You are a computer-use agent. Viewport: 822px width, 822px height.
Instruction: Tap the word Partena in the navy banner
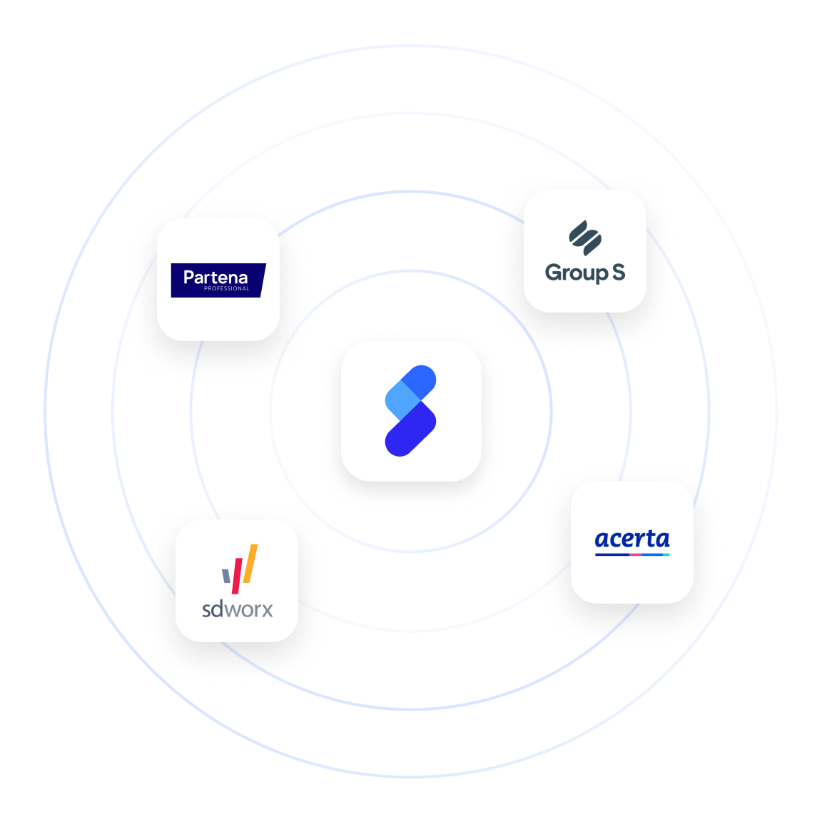tap(215, 277)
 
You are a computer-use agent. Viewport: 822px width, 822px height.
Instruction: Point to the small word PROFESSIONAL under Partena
tap(226, 289)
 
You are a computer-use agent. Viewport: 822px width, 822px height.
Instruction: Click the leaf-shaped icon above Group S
tap(585, 238)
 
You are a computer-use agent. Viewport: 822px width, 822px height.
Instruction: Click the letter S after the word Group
tap(618, 272)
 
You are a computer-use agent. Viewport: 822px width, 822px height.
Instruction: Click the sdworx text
tap(237, 609)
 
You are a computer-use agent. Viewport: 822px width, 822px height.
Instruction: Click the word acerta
tap(632, 539)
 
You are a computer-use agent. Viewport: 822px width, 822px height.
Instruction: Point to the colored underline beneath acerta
tap(632, 554)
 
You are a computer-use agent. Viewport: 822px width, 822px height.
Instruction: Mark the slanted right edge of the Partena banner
tap(263, 280)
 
